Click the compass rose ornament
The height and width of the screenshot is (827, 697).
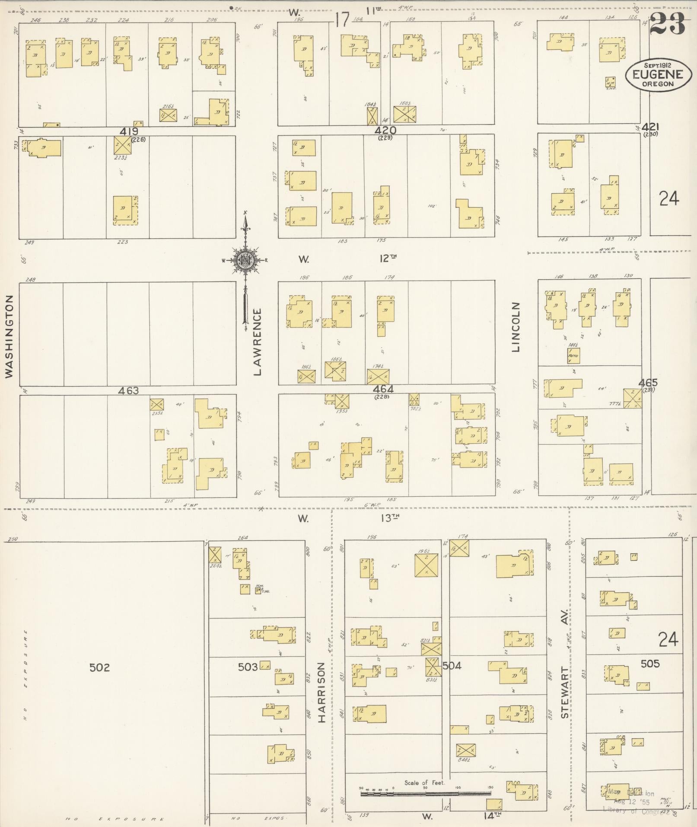245,260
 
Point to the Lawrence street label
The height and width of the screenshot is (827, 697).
258,342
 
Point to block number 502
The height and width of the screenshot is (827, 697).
99,667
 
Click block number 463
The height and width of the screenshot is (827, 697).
128,391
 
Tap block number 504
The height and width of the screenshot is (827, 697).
452,666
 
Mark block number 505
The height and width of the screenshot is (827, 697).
650,664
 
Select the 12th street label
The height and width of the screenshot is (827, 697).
388,259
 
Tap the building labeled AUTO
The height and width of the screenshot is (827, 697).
573,356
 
